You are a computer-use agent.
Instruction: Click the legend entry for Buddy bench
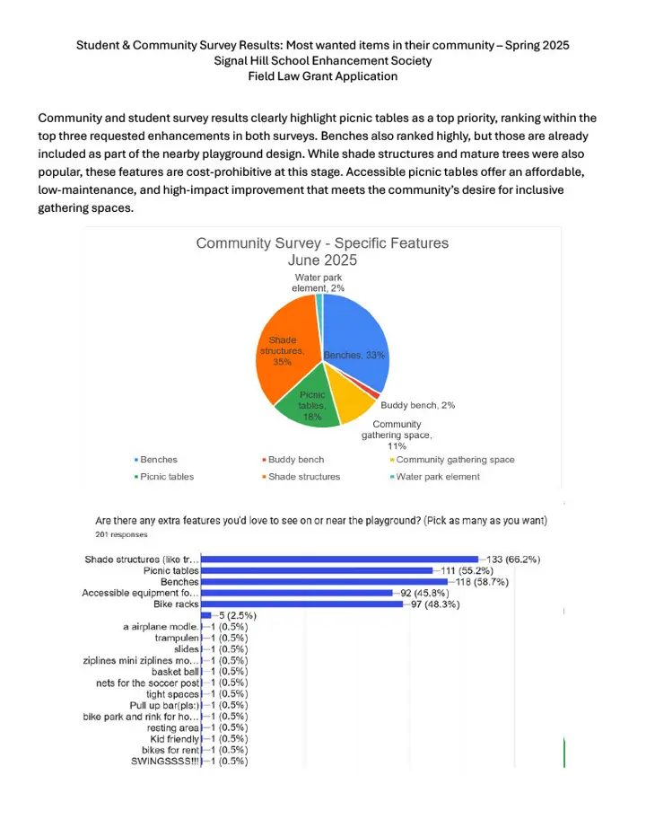click(295, 460)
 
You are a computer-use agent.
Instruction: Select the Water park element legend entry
click(437, 477)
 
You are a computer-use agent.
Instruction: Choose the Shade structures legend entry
click(303, 477)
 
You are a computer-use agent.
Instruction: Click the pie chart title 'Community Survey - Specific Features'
click(322, 243)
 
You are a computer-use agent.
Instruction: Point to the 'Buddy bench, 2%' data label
click(417, 405)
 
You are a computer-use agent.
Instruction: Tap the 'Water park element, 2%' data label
click(319, 283)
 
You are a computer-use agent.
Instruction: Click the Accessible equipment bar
click(297, 593)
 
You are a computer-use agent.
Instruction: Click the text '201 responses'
click(123, 534)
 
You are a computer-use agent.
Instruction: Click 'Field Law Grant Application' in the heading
click(322, 76)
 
